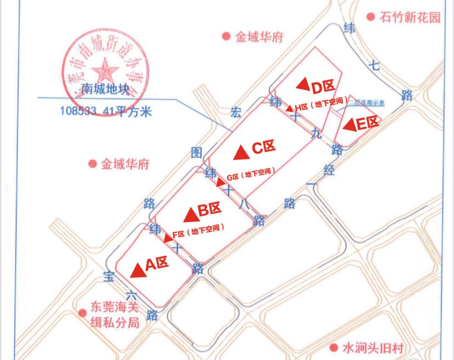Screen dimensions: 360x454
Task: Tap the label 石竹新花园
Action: pos(409,17)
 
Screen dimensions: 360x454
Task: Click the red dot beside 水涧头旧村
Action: pos(334,348)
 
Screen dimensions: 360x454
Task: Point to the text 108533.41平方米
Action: pos(106,111)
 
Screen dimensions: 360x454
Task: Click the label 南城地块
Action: pos(105,89)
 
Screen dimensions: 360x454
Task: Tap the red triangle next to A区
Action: pos(138,270)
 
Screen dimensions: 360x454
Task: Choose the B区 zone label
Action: pos(209,210)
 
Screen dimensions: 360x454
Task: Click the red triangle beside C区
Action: pos(242,153)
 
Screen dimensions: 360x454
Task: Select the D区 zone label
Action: pos(323,87)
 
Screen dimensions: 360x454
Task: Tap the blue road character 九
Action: pos(317,134)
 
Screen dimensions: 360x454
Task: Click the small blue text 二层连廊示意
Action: pos(367,102)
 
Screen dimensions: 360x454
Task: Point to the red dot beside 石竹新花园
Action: pos(370,17)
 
